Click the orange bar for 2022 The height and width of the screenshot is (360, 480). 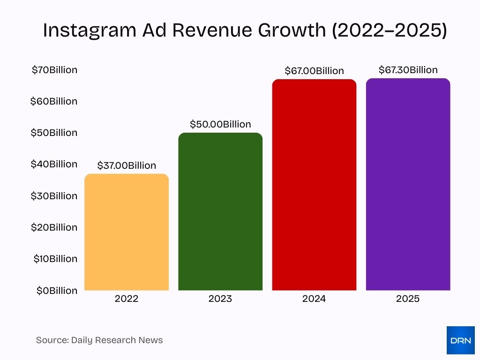127,232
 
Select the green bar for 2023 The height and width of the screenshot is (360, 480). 220,211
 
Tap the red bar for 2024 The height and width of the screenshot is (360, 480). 314,185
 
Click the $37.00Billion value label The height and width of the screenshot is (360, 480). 127,165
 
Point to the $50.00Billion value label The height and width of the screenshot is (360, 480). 220,124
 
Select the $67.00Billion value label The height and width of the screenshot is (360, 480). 314,71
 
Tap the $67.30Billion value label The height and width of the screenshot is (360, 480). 408,70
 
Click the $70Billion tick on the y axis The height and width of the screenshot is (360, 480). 54,70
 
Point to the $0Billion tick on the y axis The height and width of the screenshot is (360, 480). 57,291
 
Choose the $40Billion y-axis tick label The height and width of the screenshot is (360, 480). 54,164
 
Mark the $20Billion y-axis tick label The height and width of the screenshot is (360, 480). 54,227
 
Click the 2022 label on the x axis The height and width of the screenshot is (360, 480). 127,299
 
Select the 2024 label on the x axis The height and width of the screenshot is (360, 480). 314,299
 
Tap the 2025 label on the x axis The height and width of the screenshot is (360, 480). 408,299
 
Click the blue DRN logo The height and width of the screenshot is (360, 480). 460,340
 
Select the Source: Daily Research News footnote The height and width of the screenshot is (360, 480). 99,340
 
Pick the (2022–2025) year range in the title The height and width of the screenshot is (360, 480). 389,30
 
